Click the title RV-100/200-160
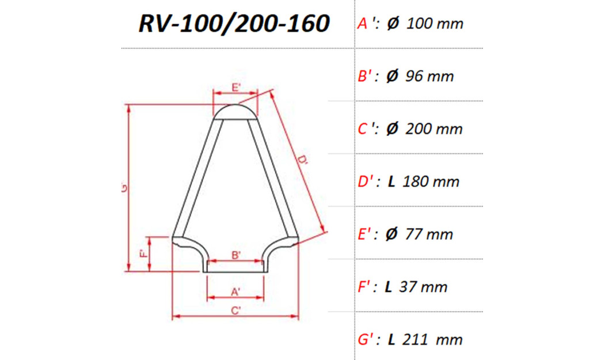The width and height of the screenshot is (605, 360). coord(234,24)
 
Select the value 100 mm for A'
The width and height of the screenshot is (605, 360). coord(435,24)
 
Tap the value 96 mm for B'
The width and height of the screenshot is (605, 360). coord(429,76)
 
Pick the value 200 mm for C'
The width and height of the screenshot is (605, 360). coord(434,129)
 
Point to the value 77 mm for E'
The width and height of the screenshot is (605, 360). coord(428,234)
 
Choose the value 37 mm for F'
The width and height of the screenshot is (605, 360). coord(424,287)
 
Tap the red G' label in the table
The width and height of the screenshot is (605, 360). coord(368,340)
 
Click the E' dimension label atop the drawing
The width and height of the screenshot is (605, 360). coord(236,87)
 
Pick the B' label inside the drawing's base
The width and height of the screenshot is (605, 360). coord(235,255)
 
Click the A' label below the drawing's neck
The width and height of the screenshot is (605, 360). coord(235,292)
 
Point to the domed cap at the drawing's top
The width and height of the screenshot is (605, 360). coord(235,112)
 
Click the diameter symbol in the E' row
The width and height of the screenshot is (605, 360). coord(393,234)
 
